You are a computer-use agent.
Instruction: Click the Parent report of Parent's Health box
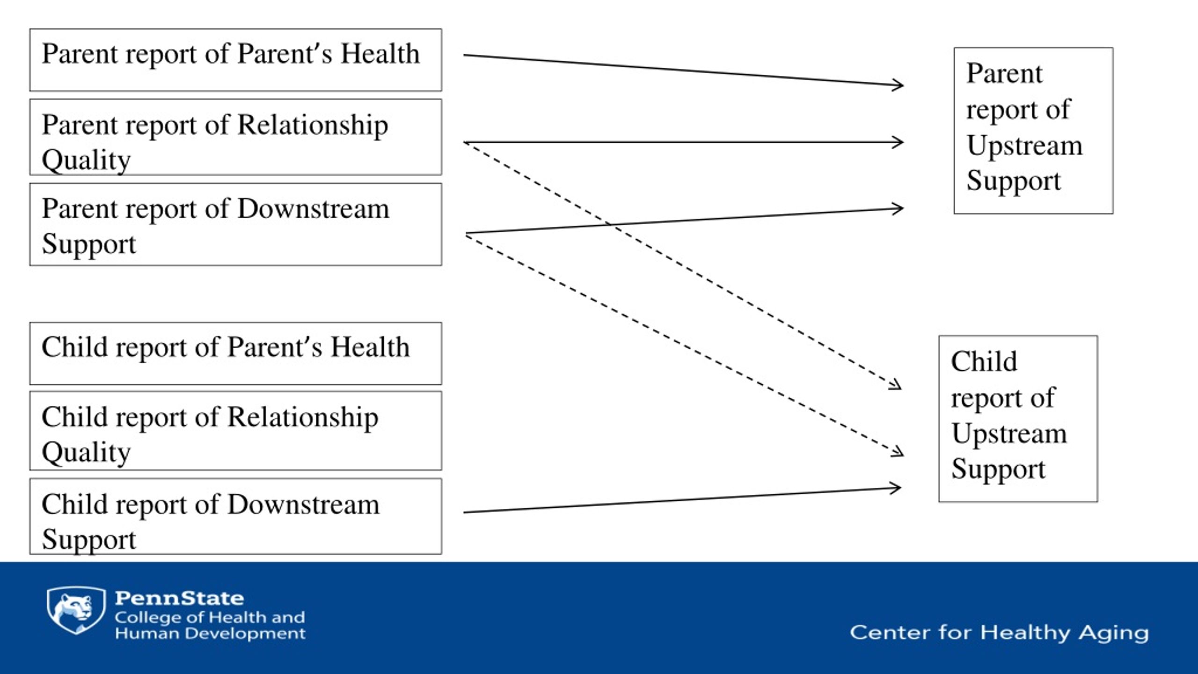(x=235, y=60)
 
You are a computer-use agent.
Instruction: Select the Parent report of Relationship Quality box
(x=235, y=137)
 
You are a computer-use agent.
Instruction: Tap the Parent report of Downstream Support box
(x=235, y=224)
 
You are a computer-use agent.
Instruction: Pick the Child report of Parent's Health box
(x=235, y=353)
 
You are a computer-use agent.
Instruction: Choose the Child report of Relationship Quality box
(x=235, y=431)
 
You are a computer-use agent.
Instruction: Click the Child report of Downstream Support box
(x=235, y=516)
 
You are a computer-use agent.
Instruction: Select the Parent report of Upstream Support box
(x=1033, y=131)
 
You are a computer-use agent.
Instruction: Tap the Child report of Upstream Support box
(x=1018, y=419)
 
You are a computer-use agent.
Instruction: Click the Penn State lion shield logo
(x=76, y=610)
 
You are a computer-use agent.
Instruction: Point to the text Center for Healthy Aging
(x=999, y=633)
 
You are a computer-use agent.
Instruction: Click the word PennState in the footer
(x=179, y=598)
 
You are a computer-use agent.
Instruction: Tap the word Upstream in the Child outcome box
(x=1009, y=433)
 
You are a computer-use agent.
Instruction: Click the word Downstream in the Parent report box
(x=313, y=209)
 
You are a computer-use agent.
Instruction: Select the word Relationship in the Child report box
(x=303, y=418)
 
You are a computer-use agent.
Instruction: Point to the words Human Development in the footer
(x=210, y=633)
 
